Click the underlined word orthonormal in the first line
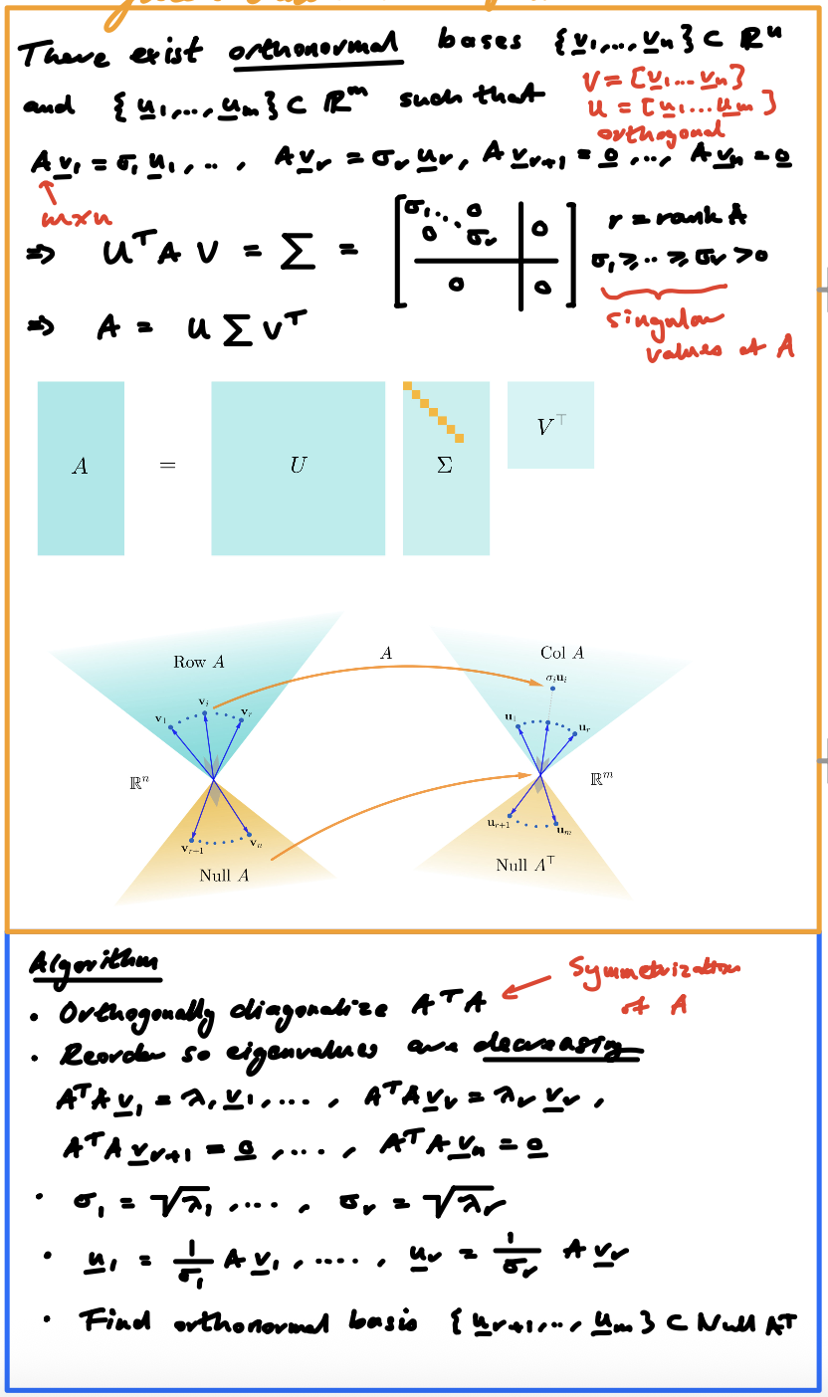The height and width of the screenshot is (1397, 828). pos(315,47)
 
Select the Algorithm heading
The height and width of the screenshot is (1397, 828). pos(95,963)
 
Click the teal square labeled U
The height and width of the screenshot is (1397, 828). pos(298,468)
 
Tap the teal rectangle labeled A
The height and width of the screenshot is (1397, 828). pos(81,468)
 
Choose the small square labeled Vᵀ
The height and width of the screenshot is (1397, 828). pos(550,426)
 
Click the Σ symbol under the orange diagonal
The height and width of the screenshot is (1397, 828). pos(445,466)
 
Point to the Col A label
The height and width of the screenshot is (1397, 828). pos(562,653)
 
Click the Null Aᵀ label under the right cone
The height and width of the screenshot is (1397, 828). pos(524,865)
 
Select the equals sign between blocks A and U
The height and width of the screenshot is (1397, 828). pos(167,466)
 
